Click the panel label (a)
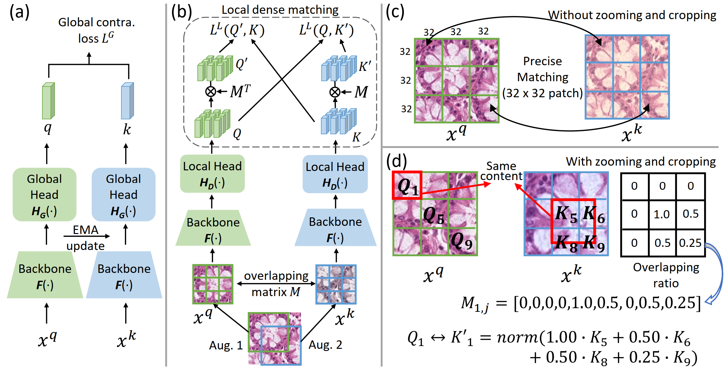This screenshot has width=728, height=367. click(x=19, y=13)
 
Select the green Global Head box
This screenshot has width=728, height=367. click(x=44, y=194)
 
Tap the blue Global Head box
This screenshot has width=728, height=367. click(x=123, y=194)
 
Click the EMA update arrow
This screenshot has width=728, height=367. click(x=87, y=236)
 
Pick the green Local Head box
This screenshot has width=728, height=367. click(x=212, y=174)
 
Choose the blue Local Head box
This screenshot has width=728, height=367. click(x=335, y=174)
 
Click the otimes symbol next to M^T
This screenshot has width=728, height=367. click(x=211, y=92)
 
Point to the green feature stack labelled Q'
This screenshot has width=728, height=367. click(x=215, y=68)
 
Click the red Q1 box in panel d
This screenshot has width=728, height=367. click(x=407, y=185)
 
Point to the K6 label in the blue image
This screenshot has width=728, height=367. click(x=594, y=214)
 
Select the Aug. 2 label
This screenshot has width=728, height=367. click(x=325, y=345)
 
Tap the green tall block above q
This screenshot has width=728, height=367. click(x=48, y=101)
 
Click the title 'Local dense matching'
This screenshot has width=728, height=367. click(x=280, y=10)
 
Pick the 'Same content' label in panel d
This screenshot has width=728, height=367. click(x=501, y=171)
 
